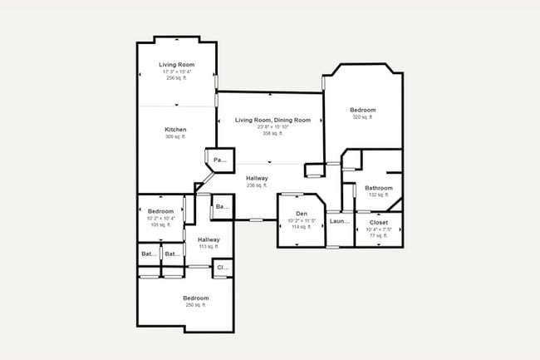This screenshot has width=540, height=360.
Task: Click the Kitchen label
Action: pyautogui.click(x=175, y=130)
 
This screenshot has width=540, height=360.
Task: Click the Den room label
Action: pyautogui.click(x=302, y=214)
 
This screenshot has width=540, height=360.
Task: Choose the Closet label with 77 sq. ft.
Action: pyautogui.click(x=379, y=223)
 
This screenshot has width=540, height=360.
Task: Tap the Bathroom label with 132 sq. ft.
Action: pyautogui.click(x=379, y=188)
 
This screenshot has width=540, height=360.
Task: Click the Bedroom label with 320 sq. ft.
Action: pyautogui.click(x=363, y=111)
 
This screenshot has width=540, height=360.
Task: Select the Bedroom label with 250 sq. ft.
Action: pyautogui.click(x=196, y=298)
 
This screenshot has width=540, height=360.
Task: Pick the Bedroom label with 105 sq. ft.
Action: pyautogui.click(x=160, y=211)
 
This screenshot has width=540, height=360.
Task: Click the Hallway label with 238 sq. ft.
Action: pyautogui.click(x=257, y=178)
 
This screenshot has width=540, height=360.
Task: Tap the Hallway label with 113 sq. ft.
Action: pyautogui.click(x=209, y=239)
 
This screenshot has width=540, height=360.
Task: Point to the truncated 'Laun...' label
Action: pyautogui.click(x=339, y=221)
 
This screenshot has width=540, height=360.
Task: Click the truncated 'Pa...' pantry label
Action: pyautogui.click(x=220, y=160)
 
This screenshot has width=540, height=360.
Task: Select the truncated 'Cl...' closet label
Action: pyautogui.click(x=222, y=268)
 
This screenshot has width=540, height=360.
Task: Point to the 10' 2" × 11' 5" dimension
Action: pyautogui.click(x=302, y=220)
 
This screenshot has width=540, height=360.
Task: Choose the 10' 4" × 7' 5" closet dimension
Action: pyautogui.click(x=379, y=229)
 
